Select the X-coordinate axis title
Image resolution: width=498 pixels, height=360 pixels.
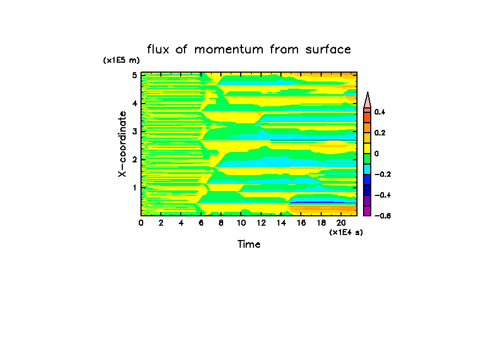(x=122, y=144)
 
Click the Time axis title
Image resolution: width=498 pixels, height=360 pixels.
(x=248, y=244)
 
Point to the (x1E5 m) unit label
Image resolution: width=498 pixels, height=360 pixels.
(x=121, y=61)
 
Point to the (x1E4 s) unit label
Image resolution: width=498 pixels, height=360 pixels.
(x=346, y=232)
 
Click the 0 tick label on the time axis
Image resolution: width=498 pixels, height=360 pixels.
(x=141, y=223)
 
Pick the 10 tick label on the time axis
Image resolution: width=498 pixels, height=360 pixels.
(x=241, y=223)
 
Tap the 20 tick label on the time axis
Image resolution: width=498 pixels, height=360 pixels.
(x=341, y=223)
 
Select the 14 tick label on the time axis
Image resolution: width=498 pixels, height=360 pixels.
(x=281, y=223)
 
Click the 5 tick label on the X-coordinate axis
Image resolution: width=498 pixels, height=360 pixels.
(x=134, y=75)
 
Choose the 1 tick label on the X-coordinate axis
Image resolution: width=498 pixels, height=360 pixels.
(x=134, y=187)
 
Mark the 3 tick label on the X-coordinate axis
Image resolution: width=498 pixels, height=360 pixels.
(x=134, y=131)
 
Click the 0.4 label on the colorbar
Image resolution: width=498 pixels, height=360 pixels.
(x=380, y=112)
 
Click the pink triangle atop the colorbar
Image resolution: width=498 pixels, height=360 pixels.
(x=367, y=101)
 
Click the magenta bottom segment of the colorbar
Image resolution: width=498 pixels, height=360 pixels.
(x=367, y=210)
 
